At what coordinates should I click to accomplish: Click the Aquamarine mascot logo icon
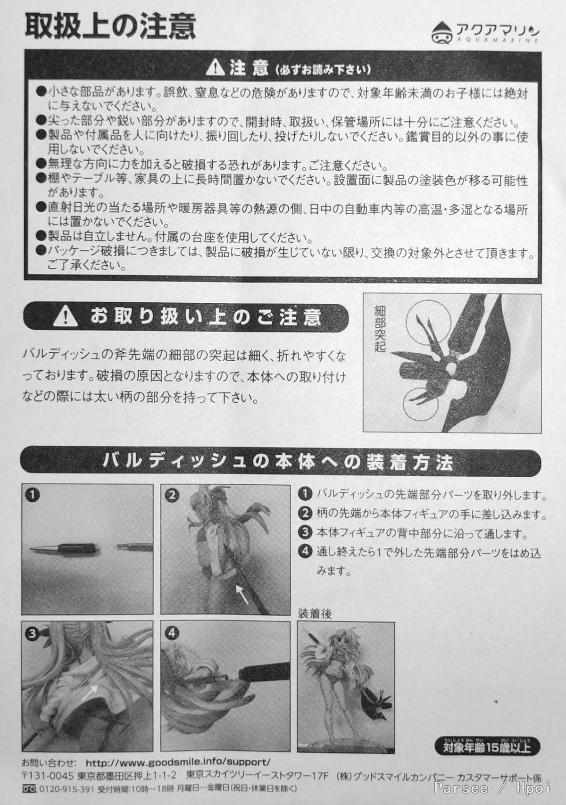(442, 33)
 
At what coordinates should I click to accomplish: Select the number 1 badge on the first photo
(33, 496)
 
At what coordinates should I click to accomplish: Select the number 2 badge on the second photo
(172, 496)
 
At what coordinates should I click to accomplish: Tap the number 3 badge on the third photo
(33, 633)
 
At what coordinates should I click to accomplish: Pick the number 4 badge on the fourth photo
(172, 633)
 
